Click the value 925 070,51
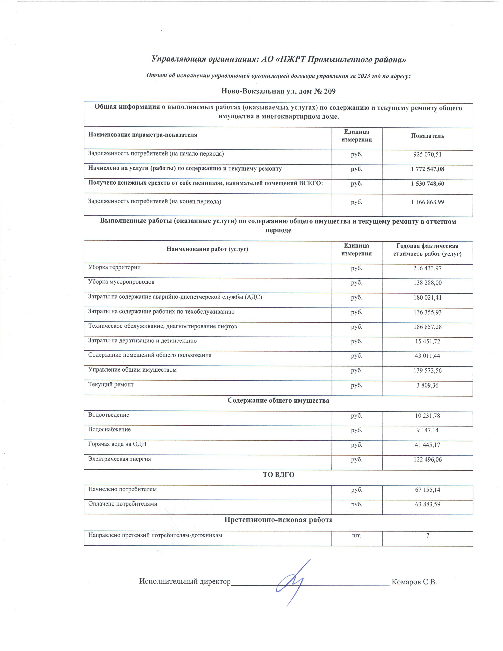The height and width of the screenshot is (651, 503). click(427, 154)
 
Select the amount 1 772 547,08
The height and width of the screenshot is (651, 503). click(427, 169)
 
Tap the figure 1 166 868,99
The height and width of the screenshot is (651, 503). click(427, 202)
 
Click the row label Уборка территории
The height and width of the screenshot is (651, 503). click(114, 267)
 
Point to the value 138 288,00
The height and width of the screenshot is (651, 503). click(427, 282)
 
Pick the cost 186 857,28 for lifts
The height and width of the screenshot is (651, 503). click(427, 327)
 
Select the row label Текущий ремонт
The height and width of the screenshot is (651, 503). click(111, 384)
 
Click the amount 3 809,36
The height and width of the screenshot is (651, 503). click(427, 385)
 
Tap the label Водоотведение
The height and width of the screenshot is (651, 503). click(108, 415)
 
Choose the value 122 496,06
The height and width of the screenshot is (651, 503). click(427, 460)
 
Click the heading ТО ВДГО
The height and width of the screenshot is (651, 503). click(278, 474)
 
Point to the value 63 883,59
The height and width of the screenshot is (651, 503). click(427, 504)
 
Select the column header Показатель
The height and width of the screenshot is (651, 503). click(427, 136)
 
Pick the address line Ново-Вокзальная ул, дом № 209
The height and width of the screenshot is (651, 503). click(278, 91)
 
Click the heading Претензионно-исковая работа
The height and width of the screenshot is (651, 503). click(278, 520)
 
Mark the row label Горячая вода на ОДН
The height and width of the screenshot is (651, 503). click(117, 444)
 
